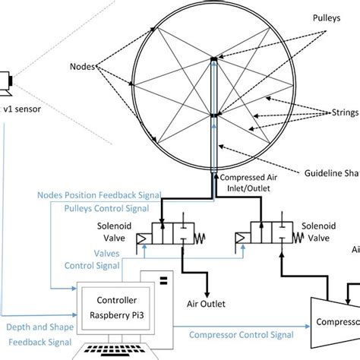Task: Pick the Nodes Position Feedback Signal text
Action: pyautogui.click(x=98, y=194)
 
